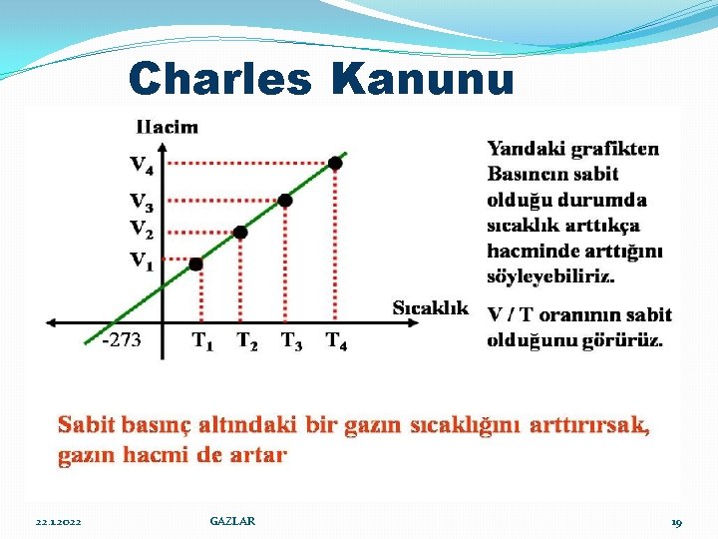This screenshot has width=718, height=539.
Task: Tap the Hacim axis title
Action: click(x=166, y=127)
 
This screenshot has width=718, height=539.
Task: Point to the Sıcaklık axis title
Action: click(x=430, y=306)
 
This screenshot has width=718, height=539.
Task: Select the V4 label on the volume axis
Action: click(x=142, y=162)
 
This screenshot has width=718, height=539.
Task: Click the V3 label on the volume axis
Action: click(x=142, y=202)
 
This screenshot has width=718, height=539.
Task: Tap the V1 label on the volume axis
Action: click(x=142, y=262)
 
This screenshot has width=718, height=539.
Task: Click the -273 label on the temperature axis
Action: click(x=121, y=340)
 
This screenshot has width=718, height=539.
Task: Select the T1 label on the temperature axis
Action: click(x=202, y=340)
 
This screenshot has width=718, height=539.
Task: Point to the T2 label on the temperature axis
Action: click(x=246, y=340)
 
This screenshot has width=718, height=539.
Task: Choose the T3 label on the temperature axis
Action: click(x=291, y=340)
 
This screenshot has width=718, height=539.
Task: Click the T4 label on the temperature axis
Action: click(x=337, y=340)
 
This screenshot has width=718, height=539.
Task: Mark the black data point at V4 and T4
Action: click(x=336, y=162)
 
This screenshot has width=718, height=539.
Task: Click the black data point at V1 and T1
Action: click(x=195, y=264)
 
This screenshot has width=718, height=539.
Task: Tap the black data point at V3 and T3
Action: click(x=285, y=201)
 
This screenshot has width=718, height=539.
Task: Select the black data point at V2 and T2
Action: click(x=240, y=232)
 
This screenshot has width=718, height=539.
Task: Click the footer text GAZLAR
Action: click(x=232, y=521)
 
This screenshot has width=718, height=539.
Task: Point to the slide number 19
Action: click(x=676, y=522)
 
